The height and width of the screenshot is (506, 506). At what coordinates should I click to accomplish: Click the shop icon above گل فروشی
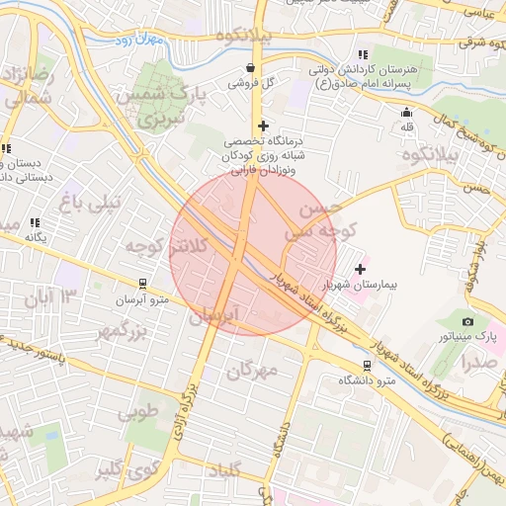click(250, 68)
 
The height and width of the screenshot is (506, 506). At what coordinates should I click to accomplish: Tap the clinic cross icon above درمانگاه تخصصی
click(262, 126)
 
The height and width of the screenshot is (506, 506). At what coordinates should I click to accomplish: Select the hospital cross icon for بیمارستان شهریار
click(360, 268)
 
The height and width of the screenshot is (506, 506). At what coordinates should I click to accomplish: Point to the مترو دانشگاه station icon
click(368, 365)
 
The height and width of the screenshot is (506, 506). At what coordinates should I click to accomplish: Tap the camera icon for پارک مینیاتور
click(467, 321)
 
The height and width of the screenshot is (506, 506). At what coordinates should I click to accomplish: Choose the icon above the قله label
click(406, 113)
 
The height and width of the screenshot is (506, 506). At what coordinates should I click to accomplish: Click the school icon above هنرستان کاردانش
click(363, 54)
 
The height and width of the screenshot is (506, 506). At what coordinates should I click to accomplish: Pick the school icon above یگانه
click(36, 223)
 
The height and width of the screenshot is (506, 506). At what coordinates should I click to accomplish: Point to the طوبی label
click(138, 411)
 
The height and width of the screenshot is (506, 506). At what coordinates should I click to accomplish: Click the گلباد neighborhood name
click(223, 473)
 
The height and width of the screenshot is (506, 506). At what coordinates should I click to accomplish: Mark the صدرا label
click(478, 362)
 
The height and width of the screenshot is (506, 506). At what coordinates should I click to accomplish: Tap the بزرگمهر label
click(116, 330)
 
